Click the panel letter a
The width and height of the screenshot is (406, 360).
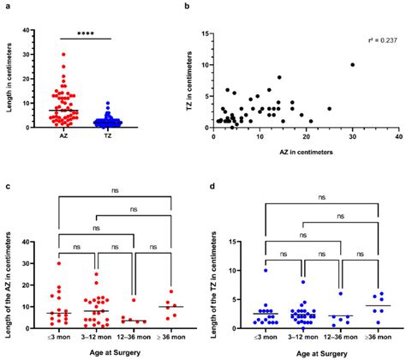click(5, 6)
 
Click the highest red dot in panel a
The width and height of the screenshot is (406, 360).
click(62, 54)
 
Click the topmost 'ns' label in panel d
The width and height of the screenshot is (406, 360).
click(323, 196)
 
